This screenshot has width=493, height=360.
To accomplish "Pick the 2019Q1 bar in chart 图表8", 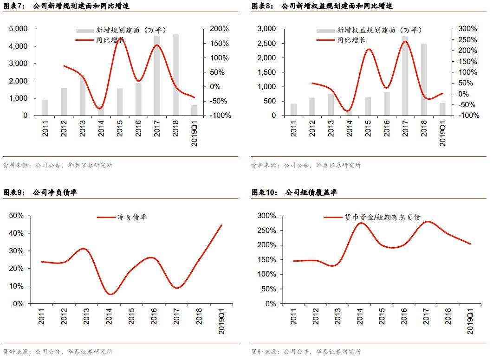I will (442, 109).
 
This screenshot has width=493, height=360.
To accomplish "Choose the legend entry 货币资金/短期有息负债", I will (372, 217).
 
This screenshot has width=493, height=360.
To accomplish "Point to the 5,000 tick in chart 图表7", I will (18, 29).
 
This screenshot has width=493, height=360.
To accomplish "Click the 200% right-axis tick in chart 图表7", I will (219, 29).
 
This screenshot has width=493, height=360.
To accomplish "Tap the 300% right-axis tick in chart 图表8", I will (467, 29).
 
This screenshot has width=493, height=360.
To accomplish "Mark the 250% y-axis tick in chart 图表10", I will (266, 231).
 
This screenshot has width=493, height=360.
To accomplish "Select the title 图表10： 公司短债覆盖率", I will (294, 192).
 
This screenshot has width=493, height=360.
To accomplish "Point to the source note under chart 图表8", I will (306, 165).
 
